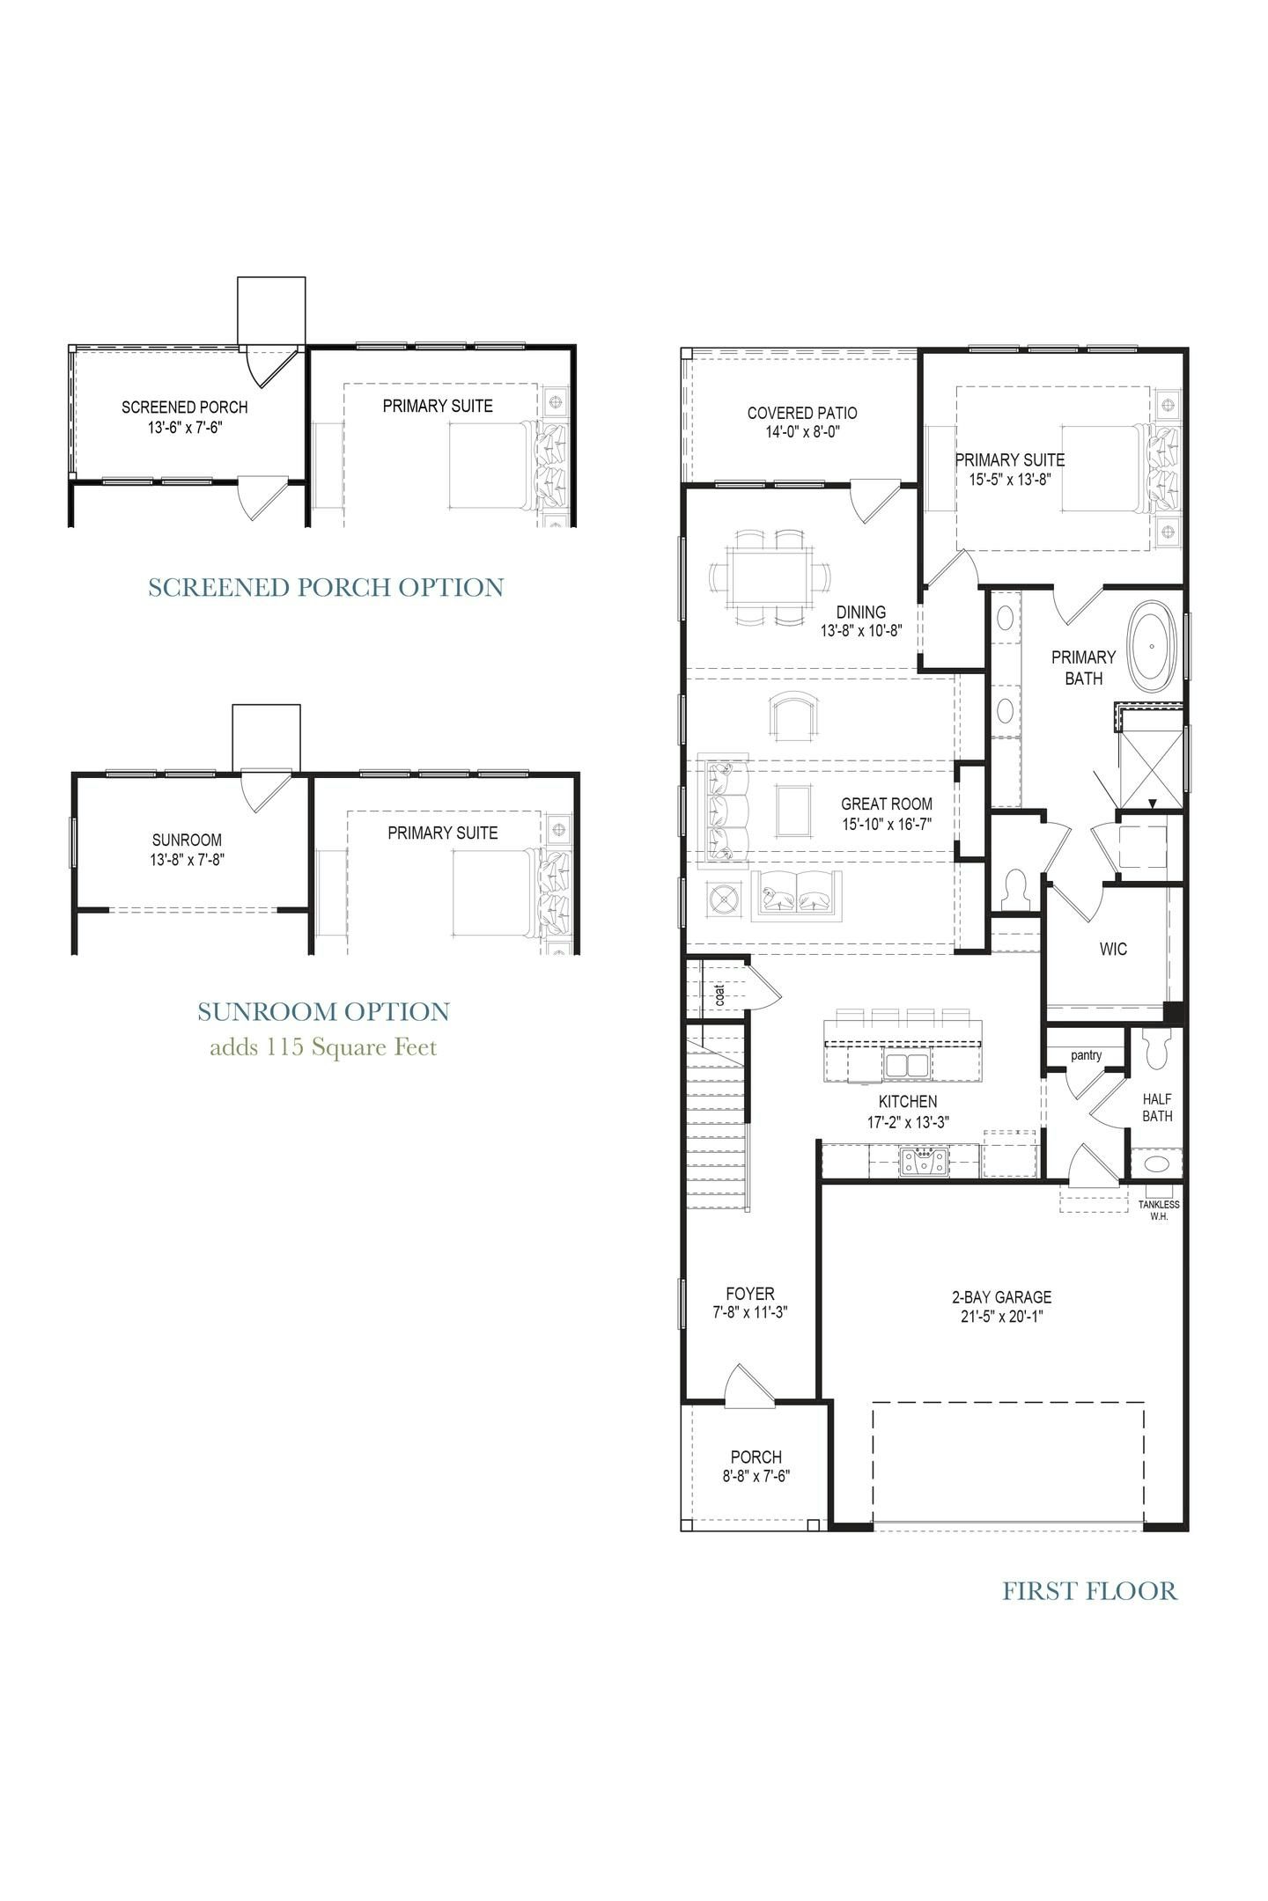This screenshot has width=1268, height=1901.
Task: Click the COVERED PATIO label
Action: pos(801,413)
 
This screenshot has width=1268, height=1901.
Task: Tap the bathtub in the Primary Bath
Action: pos(1152,645)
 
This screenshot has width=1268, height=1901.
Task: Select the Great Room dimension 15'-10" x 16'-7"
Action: pos(886,824)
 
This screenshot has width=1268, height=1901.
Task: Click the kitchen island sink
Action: pos(906,1065)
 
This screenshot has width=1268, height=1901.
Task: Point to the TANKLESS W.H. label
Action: pos(1159,1210)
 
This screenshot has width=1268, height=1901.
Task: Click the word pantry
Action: pos(1086,1055)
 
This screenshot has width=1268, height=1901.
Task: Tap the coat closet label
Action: pos(720,995)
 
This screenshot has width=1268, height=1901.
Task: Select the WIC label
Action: pos(1113,950)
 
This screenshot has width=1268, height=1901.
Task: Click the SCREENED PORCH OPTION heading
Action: pos(326,587)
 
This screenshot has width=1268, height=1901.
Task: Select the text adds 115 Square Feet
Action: pos(323,1047)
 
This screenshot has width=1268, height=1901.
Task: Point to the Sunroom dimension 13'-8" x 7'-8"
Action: pos(187,860)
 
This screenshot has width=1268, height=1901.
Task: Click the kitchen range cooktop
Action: pos(924,1162)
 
